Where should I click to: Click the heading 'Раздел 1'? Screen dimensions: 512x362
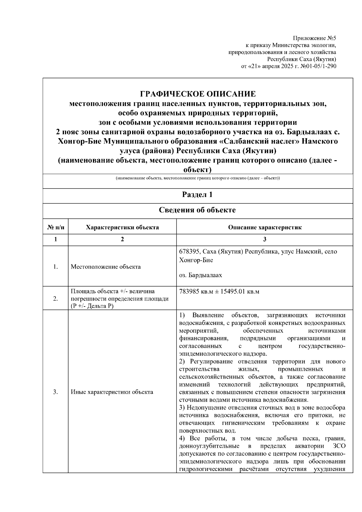(x=198, y=195)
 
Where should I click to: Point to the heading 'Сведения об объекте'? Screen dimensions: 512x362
(x=198, y=210)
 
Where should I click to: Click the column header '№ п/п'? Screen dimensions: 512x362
(x=56, y=227)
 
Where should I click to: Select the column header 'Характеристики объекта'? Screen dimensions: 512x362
(x=122, y=227)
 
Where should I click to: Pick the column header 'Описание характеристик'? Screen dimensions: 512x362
(x=265, y=227)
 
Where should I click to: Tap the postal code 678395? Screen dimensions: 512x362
(x=189, y=252)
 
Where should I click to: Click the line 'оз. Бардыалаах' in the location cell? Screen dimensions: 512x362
(x=201, y=275)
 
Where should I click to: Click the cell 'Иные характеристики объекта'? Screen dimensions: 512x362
(x=112, y=392)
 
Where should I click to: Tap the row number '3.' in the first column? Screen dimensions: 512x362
(x=56, y=392)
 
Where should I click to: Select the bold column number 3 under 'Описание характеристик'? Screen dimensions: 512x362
(x=265, y=240)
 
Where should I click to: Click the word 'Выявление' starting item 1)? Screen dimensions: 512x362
(x=208, y=315)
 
